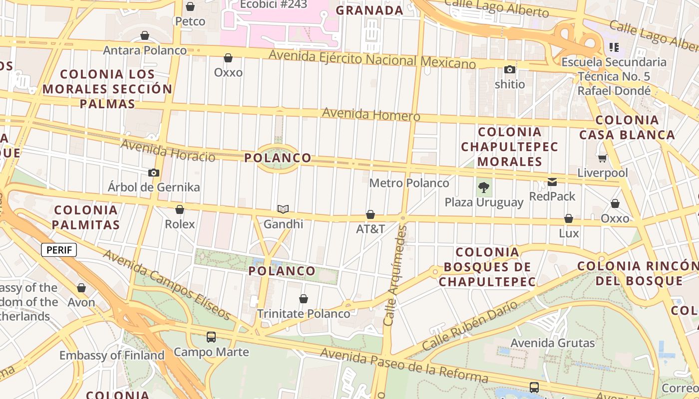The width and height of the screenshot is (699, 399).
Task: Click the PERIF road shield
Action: point(59,250)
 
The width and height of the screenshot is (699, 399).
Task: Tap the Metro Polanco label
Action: point(409,183)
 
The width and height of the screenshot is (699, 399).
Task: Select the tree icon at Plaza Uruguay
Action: point(483,188)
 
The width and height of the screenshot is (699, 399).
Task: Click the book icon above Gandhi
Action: point(283,209)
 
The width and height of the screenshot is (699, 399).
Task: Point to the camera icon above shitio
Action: point(510,70)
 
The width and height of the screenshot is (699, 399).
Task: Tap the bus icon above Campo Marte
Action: point(211,337)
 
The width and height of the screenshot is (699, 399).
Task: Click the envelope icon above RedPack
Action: point(552,182)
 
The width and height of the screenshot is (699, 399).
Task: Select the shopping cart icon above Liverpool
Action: point(603,159)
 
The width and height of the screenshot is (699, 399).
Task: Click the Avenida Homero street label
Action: point(371,114)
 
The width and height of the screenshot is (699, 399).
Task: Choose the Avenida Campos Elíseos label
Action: point(167,285)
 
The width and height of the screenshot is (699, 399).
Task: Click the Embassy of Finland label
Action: point(112,356)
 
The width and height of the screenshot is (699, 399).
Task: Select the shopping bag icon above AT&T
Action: point(370,214)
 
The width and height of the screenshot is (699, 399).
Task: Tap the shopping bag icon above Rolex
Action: point(180,209)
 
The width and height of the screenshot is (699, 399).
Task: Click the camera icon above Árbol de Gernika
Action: point(154,173)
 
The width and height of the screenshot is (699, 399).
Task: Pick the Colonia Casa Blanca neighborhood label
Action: point(627,127)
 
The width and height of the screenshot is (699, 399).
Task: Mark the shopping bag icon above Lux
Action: point(569,218)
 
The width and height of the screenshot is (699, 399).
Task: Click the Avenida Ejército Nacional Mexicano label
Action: point(372,59)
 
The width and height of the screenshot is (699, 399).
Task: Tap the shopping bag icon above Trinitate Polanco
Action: point(304,299)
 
